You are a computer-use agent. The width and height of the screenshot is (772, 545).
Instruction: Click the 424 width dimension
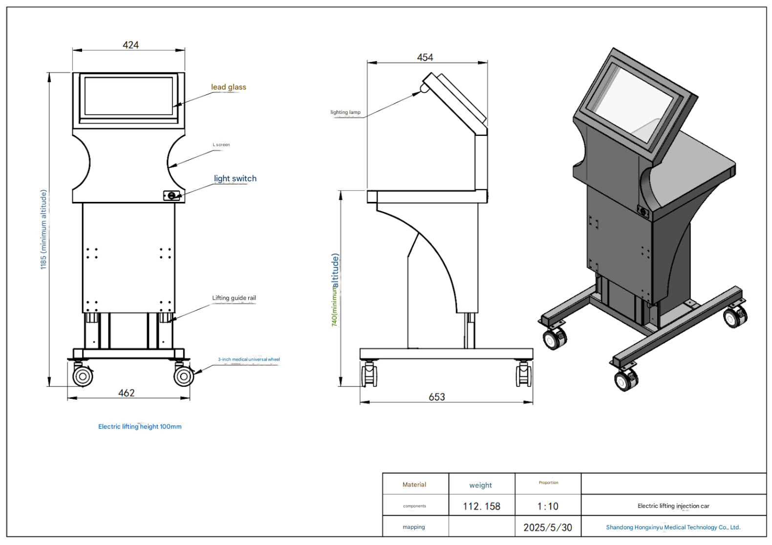[130, 45]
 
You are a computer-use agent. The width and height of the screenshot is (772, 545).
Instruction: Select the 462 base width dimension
[127, 393]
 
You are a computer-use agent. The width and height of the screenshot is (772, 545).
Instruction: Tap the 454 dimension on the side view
[425, 58]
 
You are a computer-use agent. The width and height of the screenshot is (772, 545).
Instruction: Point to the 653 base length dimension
[437, 397]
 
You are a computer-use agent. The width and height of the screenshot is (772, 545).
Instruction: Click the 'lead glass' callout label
[229, 87]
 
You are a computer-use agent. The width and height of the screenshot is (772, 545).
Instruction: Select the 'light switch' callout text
[235, 178]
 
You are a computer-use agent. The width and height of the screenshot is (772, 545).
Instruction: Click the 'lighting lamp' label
[345, 112]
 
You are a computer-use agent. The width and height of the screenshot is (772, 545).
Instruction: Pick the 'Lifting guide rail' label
[234, 298]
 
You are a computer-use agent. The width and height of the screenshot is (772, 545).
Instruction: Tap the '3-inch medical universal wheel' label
[249, 359]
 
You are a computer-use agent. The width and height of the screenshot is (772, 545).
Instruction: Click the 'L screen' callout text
[221, 145]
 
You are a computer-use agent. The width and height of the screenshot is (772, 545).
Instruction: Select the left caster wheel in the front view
[83, 376]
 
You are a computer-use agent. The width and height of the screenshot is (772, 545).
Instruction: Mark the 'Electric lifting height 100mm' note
[140, 426]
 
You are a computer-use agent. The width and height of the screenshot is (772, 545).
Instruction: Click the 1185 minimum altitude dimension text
[43, 229]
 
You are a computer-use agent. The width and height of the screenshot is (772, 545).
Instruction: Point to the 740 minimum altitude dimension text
[335, 289]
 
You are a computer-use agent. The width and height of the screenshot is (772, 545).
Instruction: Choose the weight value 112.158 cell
[481, 506]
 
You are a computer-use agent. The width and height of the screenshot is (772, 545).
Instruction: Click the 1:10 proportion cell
[548, 506]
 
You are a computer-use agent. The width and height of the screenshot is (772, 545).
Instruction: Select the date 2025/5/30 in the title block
[548, 527]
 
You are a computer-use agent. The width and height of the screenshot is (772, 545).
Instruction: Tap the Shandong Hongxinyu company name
[673, 527]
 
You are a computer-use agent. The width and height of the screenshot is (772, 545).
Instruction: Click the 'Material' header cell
[414, 484]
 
